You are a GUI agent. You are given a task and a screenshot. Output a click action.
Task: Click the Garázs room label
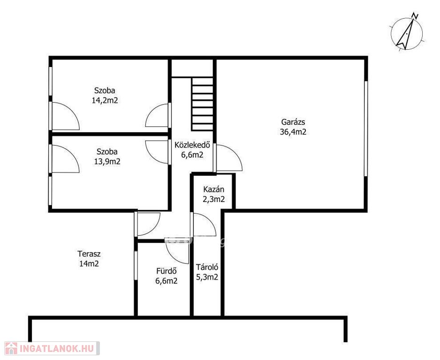(293, 122)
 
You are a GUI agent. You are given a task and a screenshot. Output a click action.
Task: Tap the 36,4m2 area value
(293, 132)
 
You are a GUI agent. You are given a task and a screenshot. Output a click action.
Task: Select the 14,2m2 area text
(105, 100)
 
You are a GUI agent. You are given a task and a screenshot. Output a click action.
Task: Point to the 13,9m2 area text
(107, 162)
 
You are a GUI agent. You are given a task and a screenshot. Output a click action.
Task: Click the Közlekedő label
(192, 145)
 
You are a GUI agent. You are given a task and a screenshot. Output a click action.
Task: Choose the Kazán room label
(214, 189)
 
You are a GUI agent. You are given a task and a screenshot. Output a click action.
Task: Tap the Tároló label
(207, 267)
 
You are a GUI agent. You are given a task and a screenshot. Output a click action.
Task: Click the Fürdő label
(167, 271)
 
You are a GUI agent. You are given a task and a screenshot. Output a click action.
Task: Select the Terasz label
(89, 254)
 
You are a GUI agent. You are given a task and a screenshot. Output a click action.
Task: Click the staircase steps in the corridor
(202, 104)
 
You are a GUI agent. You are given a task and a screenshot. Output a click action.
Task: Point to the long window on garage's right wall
(365, 128)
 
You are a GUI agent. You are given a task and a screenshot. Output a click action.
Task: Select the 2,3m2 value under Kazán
(214, 199)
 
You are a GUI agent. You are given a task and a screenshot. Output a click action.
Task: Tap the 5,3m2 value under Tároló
(207, 277)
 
